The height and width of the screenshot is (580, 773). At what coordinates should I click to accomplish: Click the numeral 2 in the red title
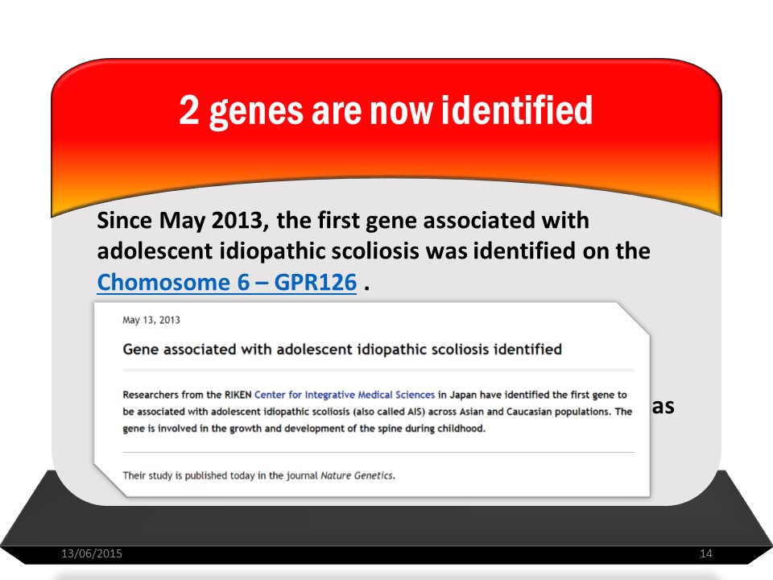coord(189,110)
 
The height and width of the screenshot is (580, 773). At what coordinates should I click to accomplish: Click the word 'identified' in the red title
coord(517,110)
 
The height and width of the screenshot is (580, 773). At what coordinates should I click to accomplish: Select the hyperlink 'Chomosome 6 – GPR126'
coord(227,283)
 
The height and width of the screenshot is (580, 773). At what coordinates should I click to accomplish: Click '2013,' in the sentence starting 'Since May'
coord(240,221)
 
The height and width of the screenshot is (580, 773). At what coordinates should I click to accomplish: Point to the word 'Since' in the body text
coord(124,220)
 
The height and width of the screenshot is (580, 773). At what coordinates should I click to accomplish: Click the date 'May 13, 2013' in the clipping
coord(151,320)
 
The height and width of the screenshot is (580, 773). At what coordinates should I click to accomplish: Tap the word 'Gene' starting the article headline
coord(140,349)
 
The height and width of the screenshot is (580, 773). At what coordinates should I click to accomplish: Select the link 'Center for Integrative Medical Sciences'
coord(345,395)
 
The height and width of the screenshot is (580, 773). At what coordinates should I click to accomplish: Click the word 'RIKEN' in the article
coord(238,395)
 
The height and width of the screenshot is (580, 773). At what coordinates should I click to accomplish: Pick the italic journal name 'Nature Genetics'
coord(357,475)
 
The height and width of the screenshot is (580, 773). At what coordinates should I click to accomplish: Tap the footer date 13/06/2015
coord(92,553)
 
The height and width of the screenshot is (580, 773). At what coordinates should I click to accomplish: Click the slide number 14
coord(706,553)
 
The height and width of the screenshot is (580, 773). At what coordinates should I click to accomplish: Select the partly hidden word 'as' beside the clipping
coord(663,407)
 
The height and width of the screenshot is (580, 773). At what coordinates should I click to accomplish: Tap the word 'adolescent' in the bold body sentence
coord(155,251)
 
